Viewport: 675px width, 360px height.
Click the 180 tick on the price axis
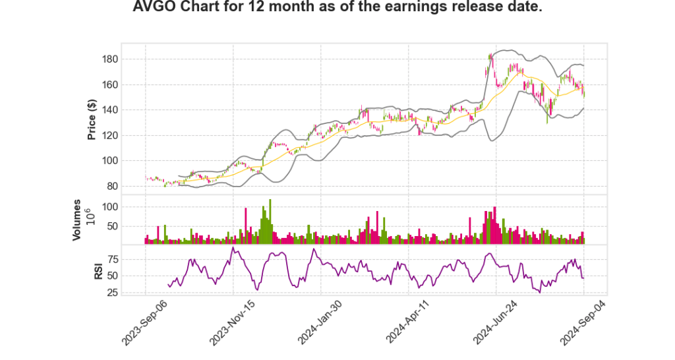pyautogui.click(x=109, y=59)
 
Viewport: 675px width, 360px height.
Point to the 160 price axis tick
pyautogui.click(x=109, y=84)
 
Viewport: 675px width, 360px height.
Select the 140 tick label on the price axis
pyautogui.click(x=109, y=110)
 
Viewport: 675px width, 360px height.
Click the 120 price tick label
pyautogui.click(x=109, y=136)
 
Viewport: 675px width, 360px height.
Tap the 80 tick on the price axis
pyautogui.click(x=112, y=187)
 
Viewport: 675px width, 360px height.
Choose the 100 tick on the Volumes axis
pyautogui.click(x=109, y=207)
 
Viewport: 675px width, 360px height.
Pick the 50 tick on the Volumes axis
pyautogui.click(x=112, y=226)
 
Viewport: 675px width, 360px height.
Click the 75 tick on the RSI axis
pyautogui.click(x=112, y=259)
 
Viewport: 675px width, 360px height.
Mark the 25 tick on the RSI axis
pyautogui.click(x=112, y=292)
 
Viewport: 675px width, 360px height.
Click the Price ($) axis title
pyautogui.click(x=92, y=119)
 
